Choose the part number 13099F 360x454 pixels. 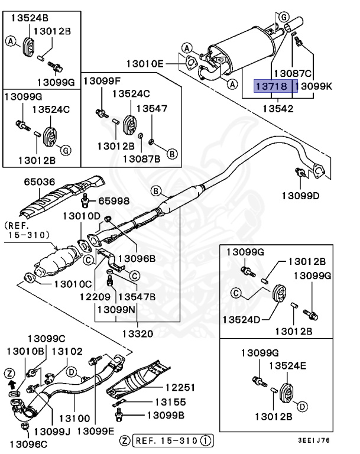(101, 80)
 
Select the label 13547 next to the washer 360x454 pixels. (152, 108)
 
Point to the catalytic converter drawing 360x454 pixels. (56, 264)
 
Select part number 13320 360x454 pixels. (138, 333)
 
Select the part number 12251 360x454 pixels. (183, 387)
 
